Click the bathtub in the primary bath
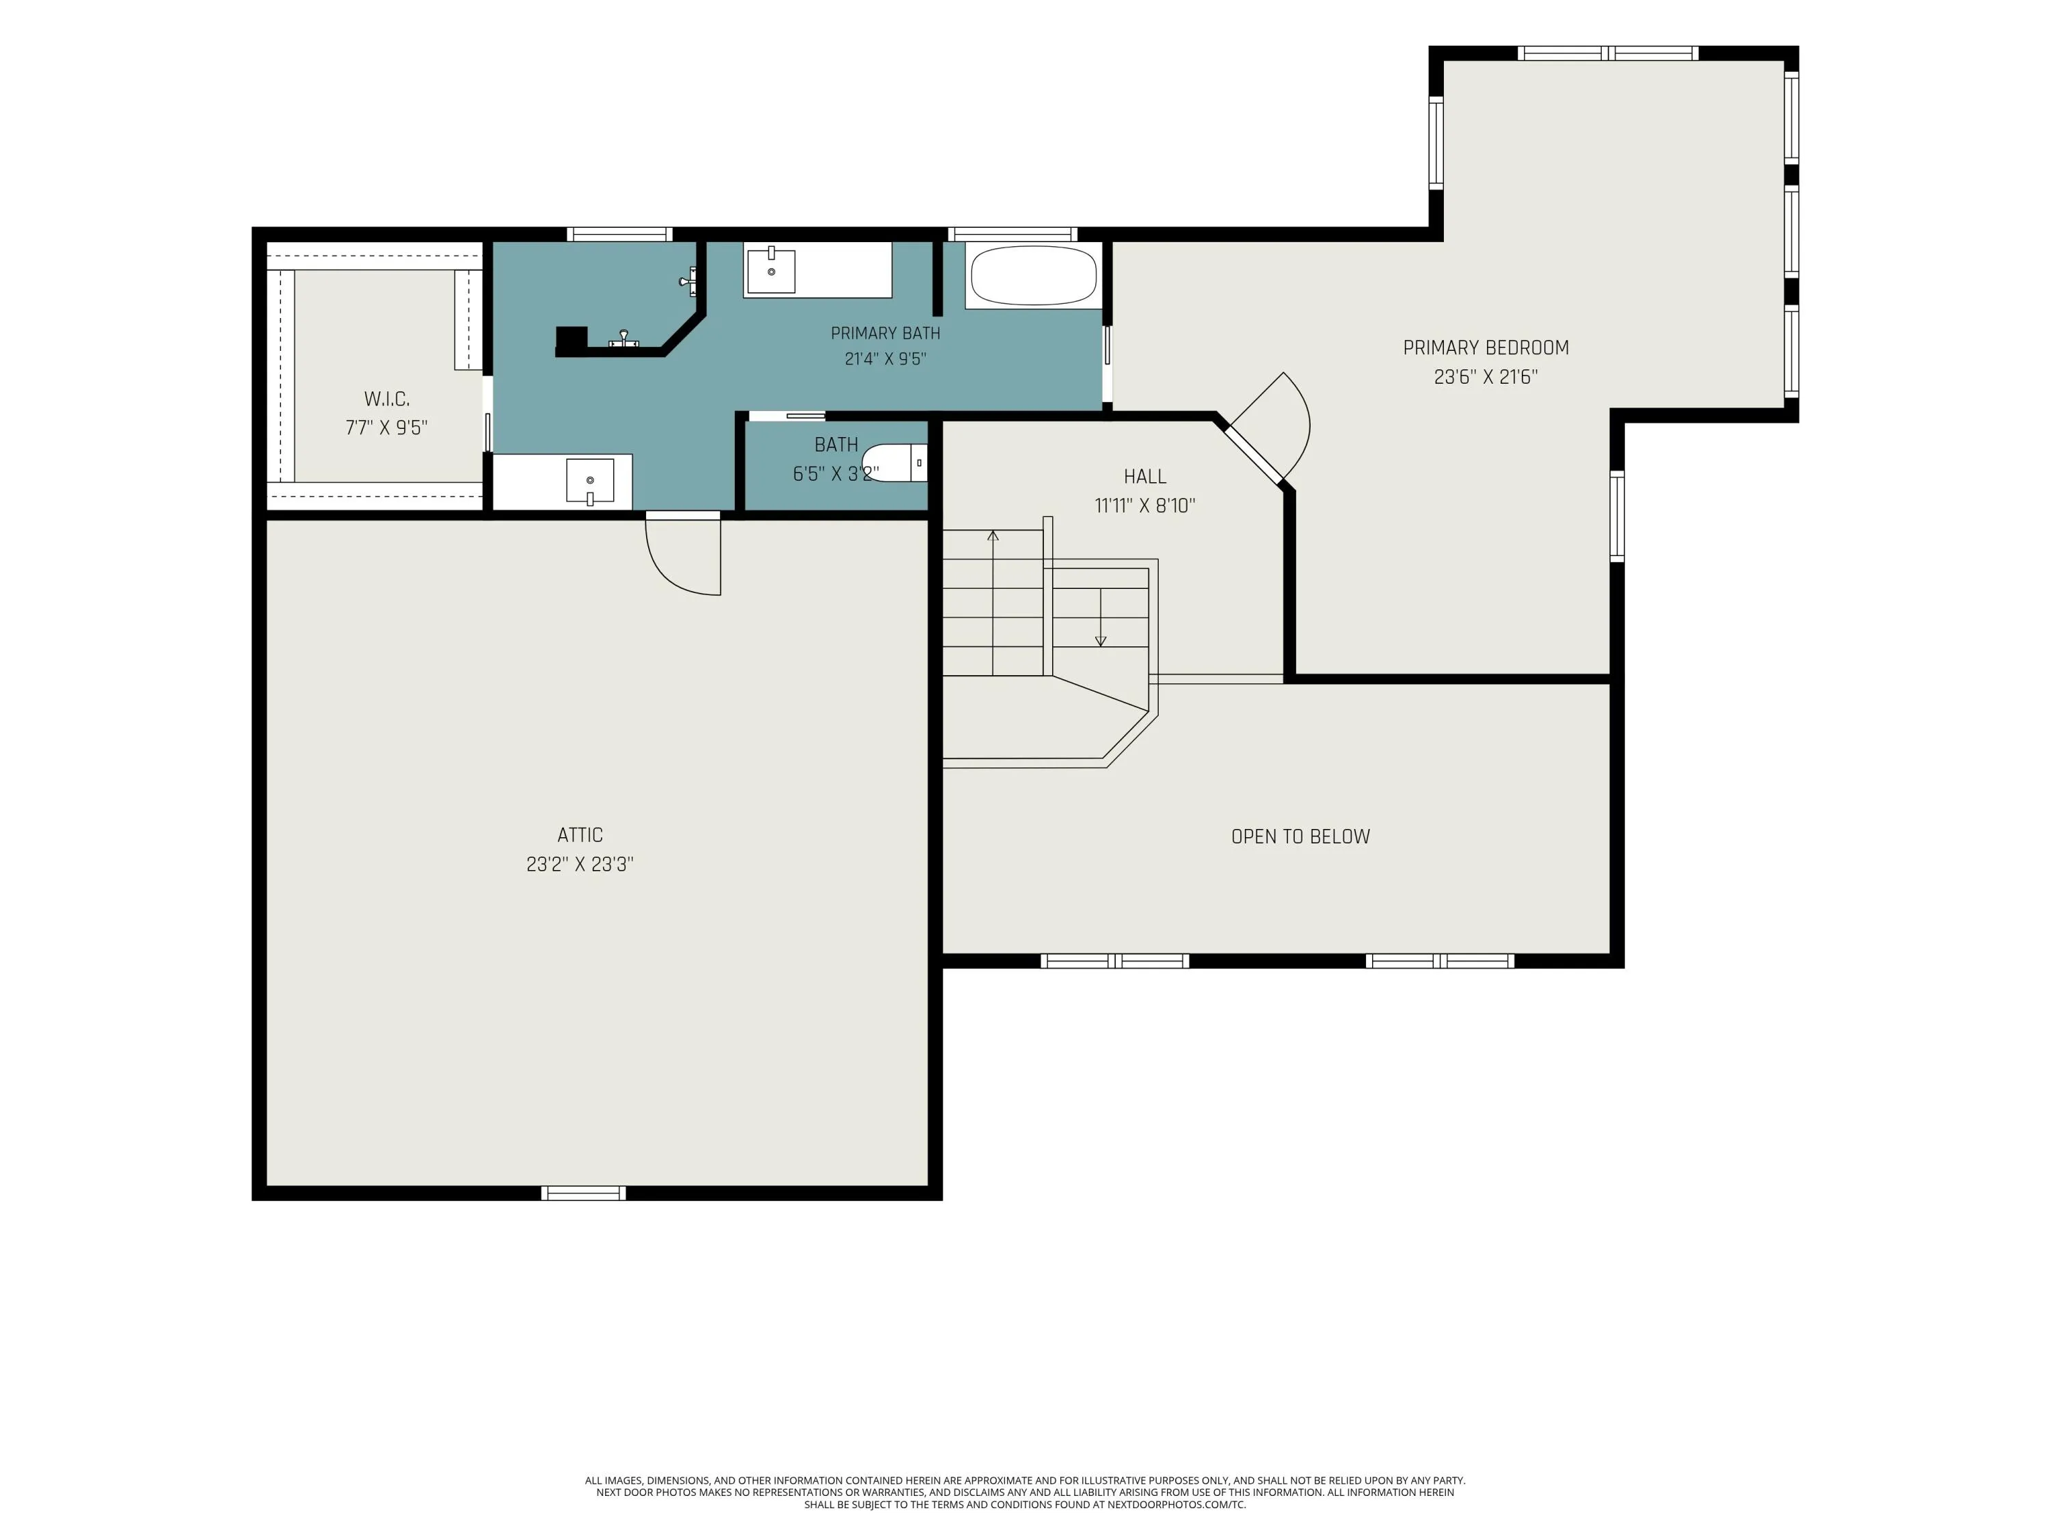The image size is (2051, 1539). (x=1033, y=276)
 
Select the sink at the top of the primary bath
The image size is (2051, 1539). (x=770, y=270)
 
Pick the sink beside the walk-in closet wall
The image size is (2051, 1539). (x=590, y=482)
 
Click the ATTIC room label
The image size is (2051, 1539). (x=580, y=835)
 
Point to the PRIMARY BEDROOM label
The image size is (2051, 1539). (x=1486, y=348)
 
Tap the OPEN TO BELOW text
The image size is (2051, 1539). (x=1300, y=837)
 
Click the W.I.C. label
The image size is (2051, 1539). (x=387, y=399)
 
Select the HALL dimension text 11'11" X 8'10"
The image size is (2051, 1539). (x=1145, y=505)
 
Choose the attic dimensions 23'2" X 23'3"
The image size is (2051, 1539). (x=580, y=865)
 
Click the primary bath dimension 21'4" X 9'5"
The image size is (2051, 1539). (x=885, y=359)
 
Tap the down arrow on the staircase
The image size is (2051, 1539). (x=1101, y=617)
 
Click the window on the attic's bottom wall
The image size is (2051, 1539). (x=583, y=1193)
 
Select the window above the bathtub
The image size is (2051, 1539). (x=1012, y=234)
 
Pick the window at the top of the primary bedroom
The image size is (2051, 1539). (x=1608, y=53)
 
